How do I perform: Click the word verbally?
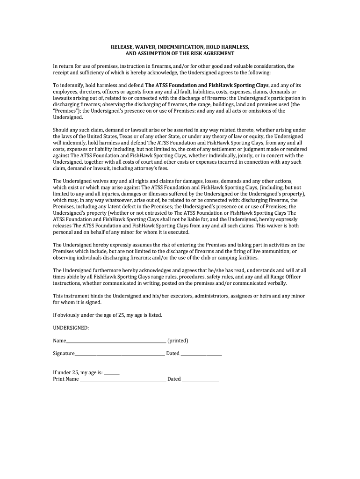point(276,283)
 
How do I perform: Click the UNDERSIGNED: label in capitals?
point(71,328)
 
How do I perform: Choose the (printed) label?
point(178,341)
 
